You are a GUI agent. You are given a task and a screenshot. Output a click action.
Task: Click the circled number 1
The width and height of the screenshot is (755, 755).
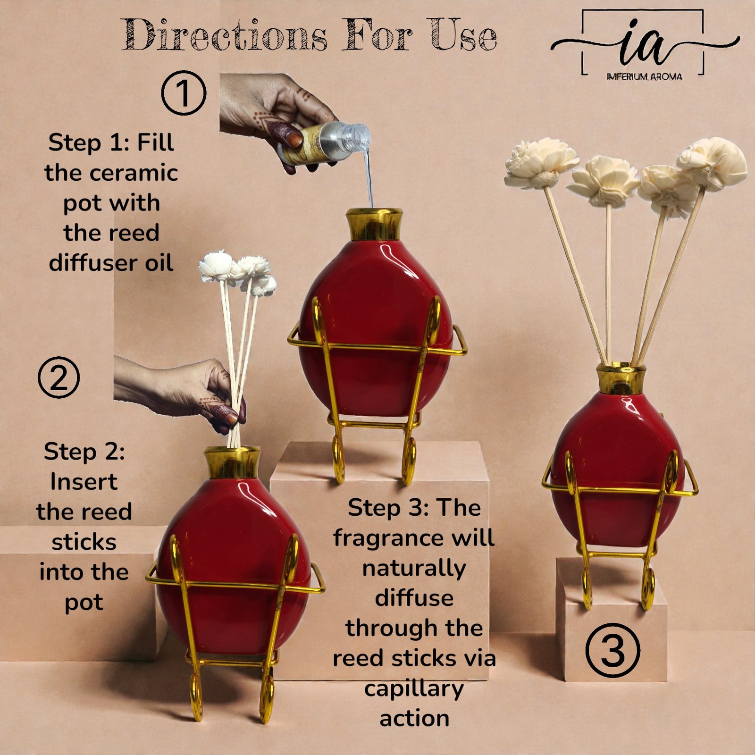184,93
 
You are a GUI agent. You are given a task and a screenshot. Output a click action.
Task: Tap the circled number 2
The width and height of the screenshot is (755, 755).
59,378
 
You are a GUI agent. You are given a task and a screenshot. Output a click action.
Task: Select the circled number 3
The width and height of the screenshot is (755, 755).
613,650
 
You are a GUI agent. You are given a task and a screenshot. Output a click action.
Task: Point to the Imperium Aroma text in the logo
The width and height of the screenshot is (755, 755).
644,76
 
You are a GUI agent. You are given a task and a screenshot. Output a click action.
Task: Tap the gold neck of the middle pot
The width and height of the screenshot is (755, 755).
374,225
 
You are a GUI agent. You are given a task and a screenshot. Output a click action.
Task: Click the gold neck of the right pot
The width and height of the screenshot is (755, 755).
621,378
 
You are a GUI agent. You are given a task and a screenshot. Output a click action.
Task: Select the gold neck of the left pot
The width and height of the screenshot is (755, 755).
232,462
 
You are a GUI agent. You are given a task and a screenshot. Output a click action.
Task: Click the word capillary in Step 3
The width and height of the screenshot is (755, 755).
414,689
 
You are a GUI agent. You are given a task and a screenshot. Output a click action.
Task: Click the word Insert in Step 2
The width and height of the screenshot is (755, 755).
84,482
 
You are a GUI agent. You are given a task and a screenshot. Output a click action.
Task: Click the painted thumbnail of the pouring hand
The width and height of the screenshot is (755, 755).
294,139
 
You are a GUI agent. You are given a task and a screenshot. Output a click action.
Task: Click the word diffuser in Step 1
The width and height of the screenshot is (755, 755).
93,262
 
